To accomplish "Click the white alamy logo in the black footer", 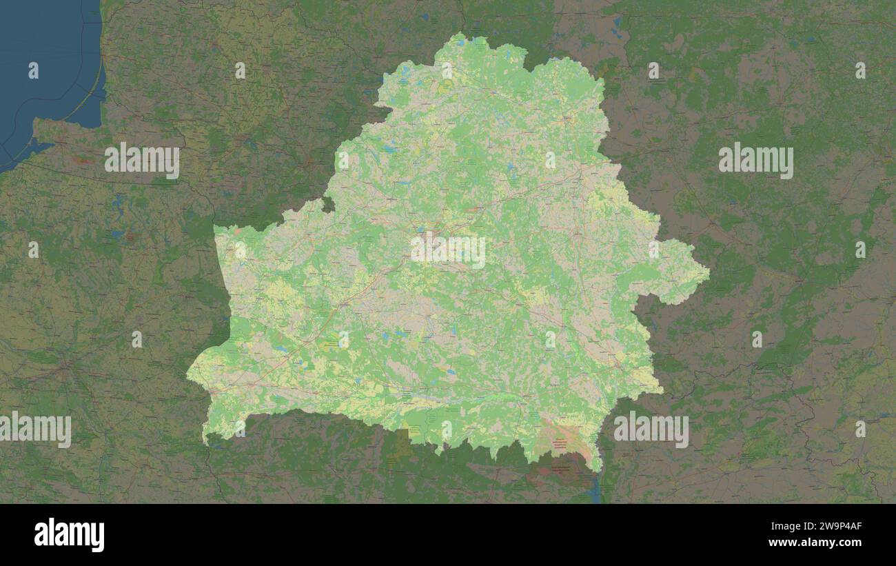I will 69,535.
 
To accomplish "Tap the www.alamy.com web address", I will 815,543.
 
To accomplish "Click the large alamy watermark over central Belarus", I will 448,252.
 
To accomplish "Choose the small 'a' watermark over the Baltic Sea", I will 33,70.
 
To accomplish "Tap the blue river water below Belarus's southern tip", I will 595,491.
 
